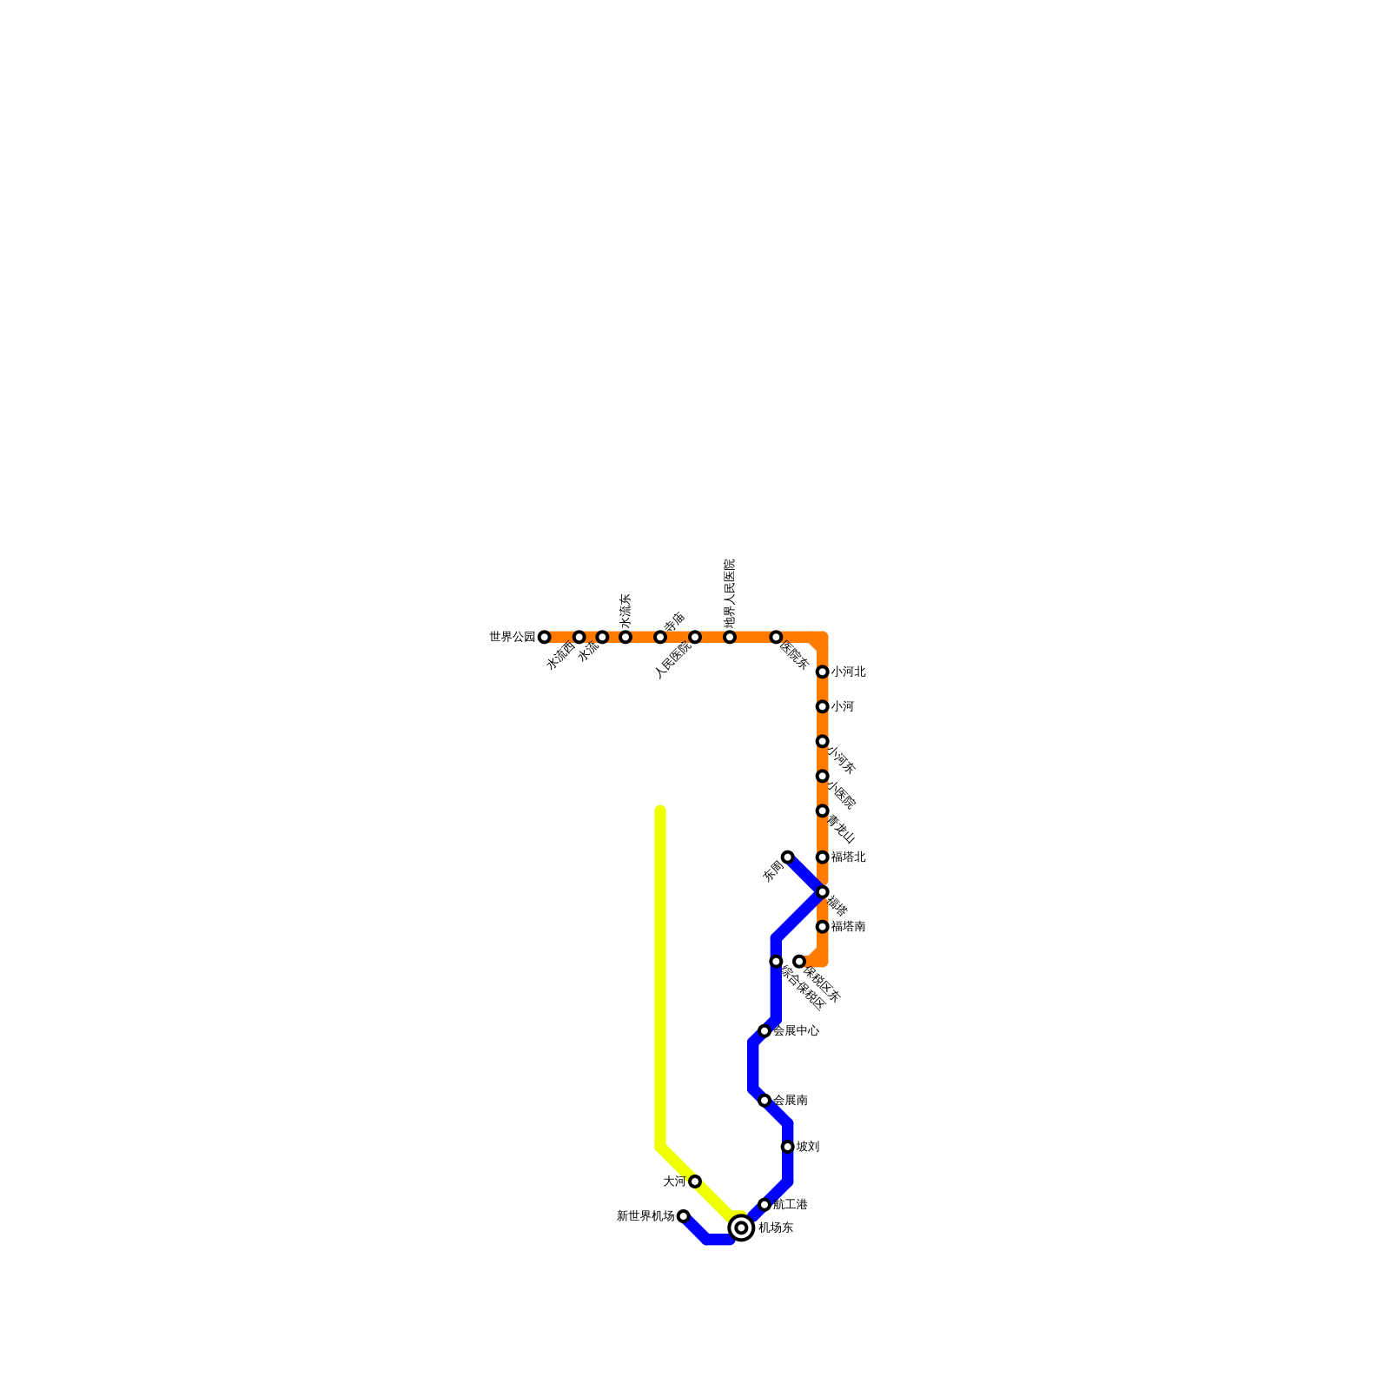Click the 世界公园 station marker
pyautogui.click(x=545, y=638)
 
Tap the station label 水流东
pyautogui.click(x=625, y=612)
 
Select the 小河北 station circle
pyautogui.click(x=822, y=672)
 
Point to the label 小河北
pyautogui.click(x=848, y=672)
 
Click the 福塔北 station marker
pyautogui.click(x=822, y=857)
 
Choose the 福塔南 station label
pyautogui.click(x=848, y=927)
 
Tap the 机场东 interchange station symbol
pyautogui.click(x=741, y=1228)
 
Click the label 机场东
pyautogui.click(x=775, y=1228)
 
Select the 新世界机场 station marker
pyautogui.click(x=684, y=1216)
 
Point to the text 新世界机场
pyautogui.click(x=645, y=1216)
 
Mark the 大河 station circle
pyautogui.click(x=695, y=1181)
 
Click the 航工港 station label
pyautogui.click(x=791, y=1205)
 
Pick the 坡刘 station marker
pyautogui.click(x=787, y=1147)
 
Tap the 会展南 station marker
pyautogui.click(x=764, y=1101)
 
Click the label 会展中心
pyautogui.click(x=796, y=1031)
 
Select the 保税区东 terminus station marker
pyautogui.click(x=799, y=962)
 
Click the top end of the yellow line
pyautogui.click(x=660, y=811)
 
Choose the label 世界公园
pyautogui.click(x=513, y=638)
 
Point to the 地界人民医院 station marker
pyautogui.click(x=730, y=638)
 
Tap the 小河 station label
pyautogui.click(x=842, y=707)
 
